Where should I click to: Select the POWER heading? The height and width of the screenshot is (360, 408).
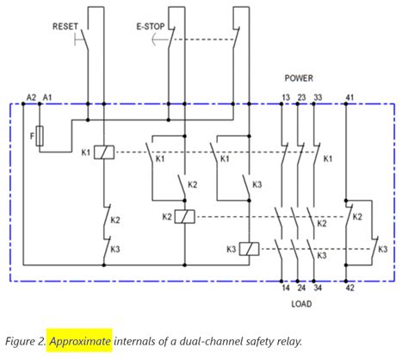[x=300, y=78]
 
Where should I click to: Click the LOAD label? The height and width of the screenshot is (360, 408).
[x=300, y=304]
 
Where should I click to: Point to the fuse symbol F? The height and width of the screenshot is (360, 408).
[x=39, y=137]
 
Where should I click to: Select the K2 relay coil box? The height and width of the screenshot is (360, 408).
[x=183, y=217]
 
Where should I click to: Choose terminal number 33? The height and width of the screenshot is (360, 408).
[x=317, y=97]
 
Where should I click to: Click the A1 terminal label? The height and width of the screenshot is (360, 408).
[x=47, y=97]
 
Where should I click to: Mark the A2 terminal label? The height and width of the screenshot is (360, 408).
[x=31, y=97]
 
